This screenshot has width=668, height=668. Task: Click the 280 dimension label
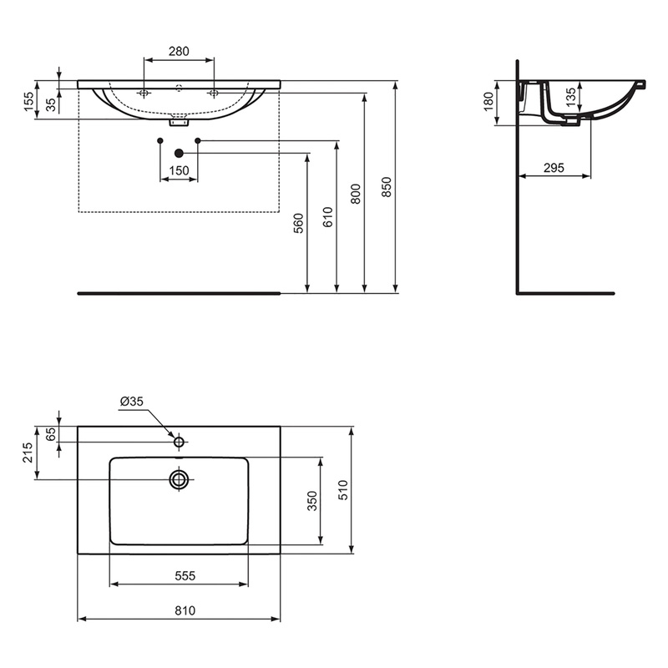point(179,51)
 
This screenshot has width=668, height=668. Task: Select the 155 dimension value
point(28,102)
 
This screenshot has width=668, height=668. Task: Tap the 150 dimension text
point(179,171)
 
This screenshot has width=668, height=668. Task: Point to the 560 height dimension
point(298,224)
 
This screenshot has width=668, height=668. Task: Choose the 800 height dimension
point(355,194)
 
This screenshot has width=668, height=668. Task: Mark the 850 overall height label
point(386,187)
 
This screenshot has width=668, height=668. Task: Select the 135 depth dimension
point(570,97)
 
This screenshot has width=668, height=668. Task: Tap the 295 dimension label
point(554,168)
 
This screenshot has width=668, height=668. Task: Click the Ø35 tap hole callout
point(132,401)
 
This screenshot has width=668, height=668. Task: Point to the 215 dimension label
point(28,453)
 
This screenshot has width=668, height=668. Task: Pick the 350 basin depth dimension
point(311,500)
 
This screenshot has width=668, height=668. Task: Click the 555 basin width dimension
point(185,575)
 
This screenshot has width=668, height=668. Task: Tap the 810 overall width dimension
point(185,610)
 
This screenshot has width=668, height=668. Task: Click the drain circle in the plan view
point(179,479)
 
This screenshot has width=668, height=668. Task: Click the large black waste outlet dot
point(179,153)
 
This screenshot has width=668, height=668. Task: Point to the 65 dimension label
point(51,434)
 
